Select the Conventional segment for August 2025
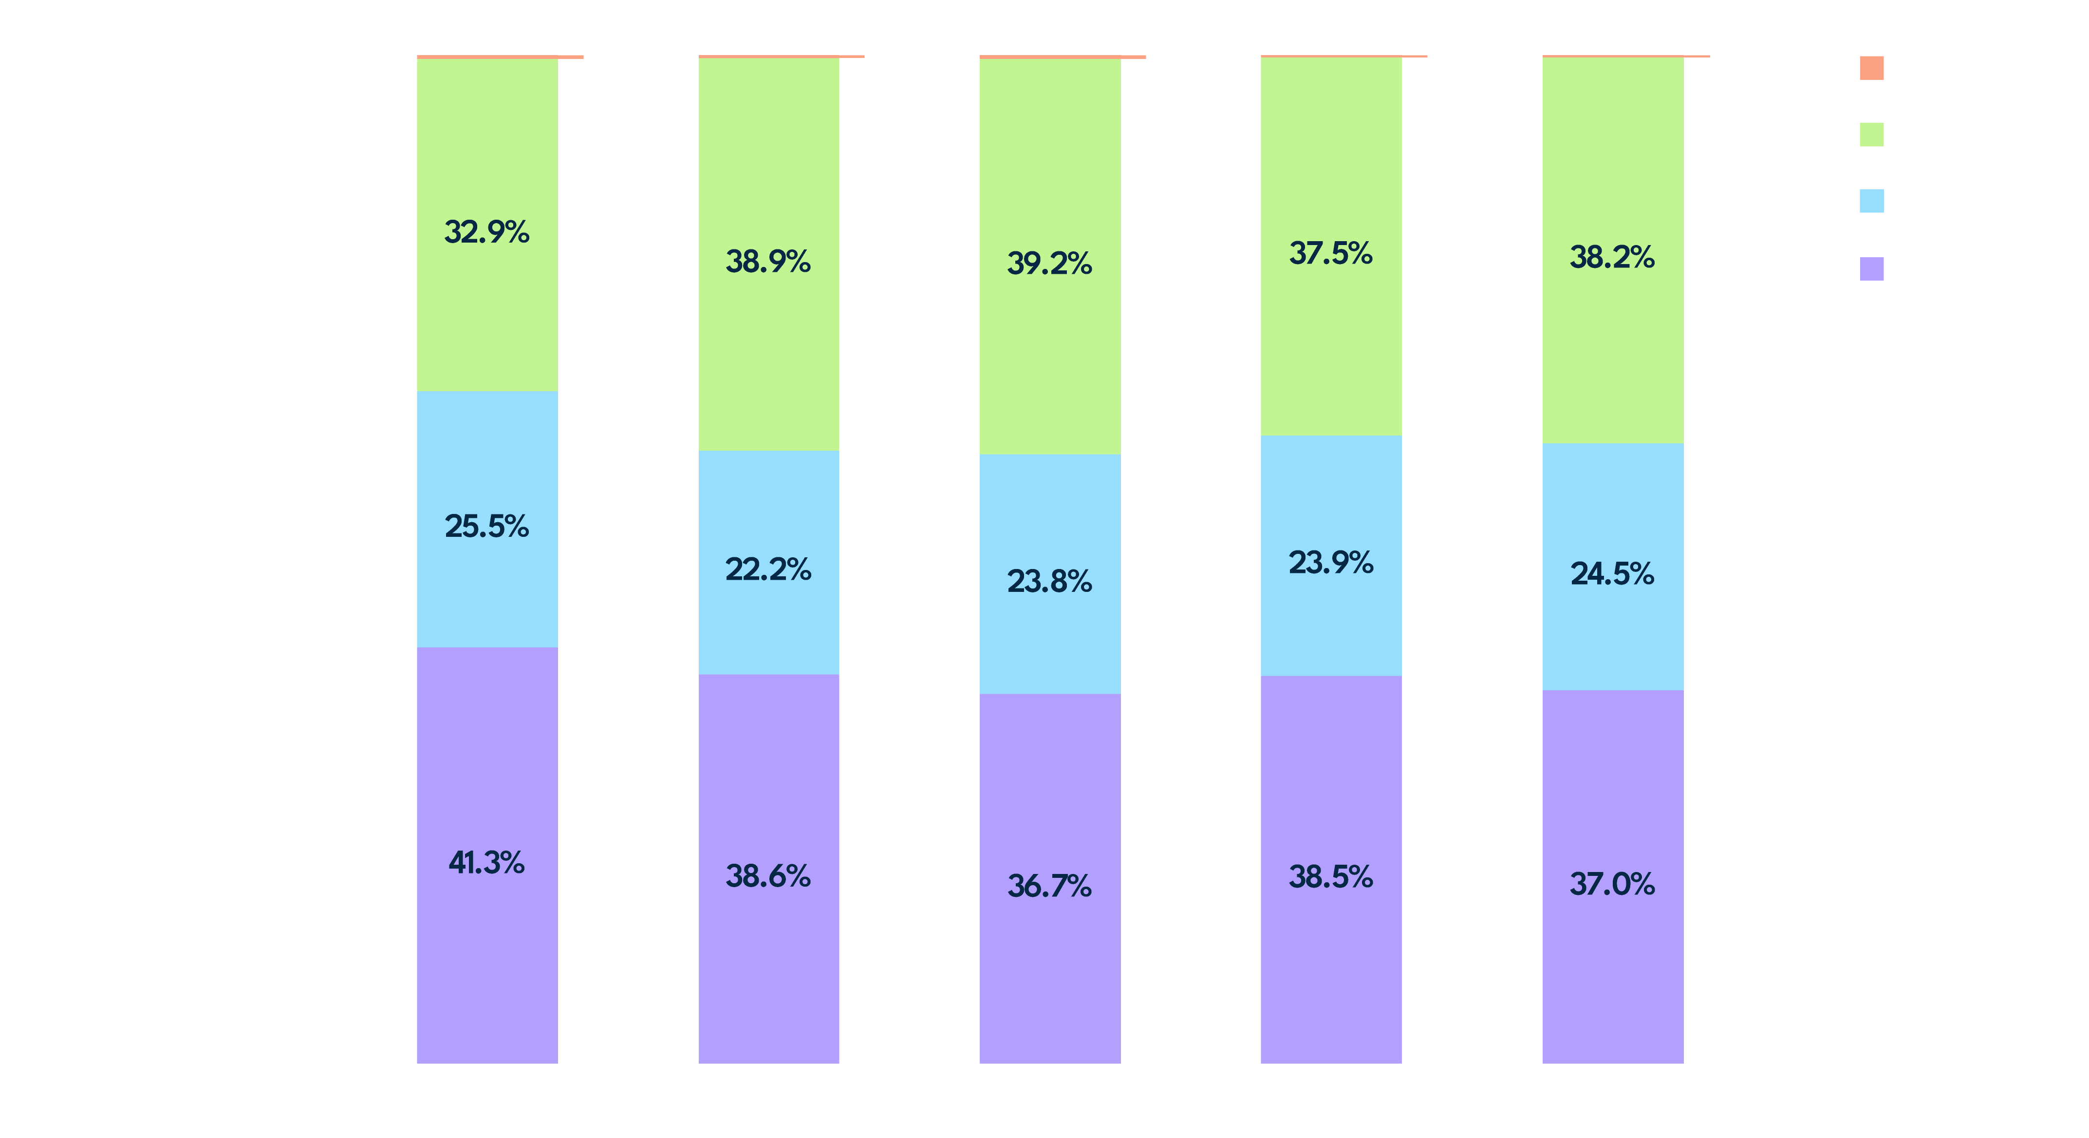[x=768, y=616]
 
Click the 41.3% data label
[x=486, y=862]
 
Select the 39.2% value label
[x=1049, y=263]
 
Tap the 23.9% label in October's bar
[x=1331, y=562]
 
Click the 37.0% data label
[x=1612, y=883]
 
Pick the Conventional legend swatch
[x=1871, y=201]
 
